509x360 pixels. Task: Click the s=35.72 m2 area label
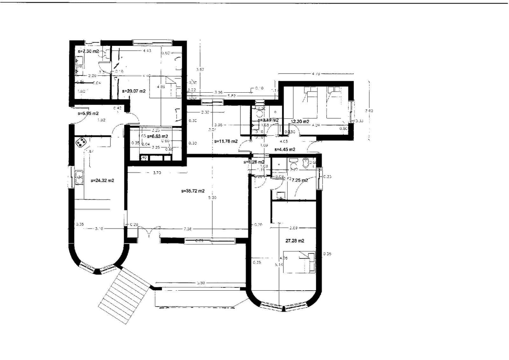(193, 191)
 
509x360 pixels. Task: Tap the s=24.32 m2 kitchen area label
(102, 180)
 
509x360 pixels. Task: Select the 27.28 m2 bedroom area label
(295, 241)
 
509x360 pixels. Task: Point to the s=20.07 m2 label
(134, 91)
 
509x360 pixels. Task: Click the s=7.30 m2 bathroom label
(88, 51)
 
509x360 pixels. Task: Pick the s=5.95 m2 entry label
(88, 113)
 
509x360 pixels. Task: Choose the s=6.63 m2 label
(157, 136)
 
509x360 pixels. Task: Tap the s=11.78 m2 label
(226, 141)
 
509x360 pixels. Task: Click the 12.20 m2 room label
(300, 122)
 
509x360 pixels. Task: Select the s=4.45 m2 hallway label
(285, 150)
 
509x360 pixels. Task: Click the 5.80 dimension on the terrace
(201, 283)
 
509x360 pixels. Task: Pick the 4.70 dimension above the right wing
(316, 74)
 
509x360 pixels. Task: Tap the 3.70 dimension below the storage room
(157, 173)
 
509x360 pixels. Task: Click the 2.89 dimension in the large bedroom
(293, 228)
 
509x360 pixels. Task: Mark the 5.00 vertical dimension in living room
(213, 198)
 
